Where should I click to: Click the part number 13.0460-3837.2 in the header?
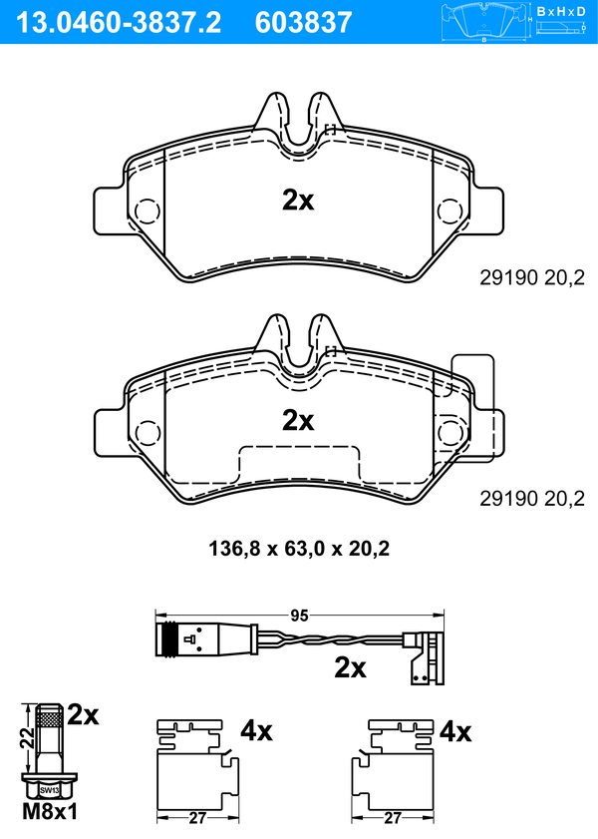pyautogui.click(x=119, y=23)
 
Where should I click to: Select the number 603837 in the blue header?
pyautogui.click(x=304, y=23)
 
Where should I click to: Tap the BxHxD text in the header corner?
pyautogui.click(x=561, y=11)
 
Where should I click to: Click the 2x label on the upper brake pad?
pyautogui.click(x=298, y=201)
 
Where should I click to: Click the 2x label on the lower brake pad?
pyautogui.click(x=298, y=421)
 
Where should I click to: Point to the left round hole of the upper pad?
pyautogui.click(x=148, y=211)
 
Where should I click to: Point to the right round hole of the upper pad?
pyautogui.click(x=449, y=211)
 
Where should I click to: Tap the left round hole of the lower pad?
pyautogui.click(x=148, y=432)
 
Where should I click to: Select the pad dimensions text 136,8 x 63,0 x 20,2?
pyautogui.click(x=299, y=549)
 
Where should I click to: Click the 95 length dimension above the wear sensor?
pyautogui.click(x=299, y=616)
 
